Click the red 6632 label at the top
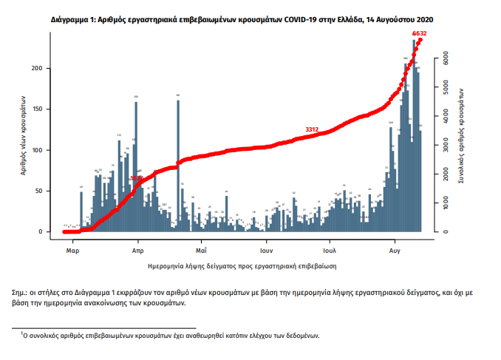click(418, 33)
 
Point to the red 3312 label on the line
click(312, 129)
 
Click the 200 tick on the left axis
click(42, 68)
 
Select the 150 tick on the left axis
click(42, 109)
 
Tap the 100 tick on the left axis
click(42, 150)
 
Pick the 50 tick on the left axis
click(44, 191)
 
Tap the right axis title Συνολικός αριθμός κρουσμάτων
click(462, 133)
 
